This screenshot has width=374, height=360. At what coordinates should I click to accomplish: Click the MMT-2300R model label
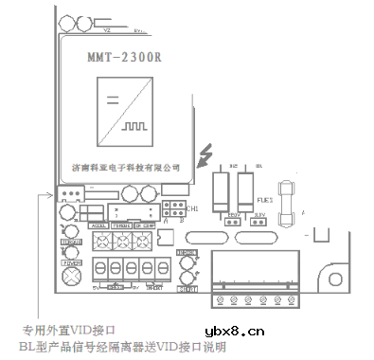coord(118,55)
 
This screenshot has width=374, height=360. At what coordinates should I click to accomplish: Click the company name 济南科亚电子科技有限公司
coord(132,166)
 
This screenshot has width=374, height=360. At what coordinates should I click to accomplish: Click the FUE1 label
coord(265,201)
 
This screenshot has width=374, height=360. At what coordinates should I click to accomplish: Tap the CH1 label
coord(192,208)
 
